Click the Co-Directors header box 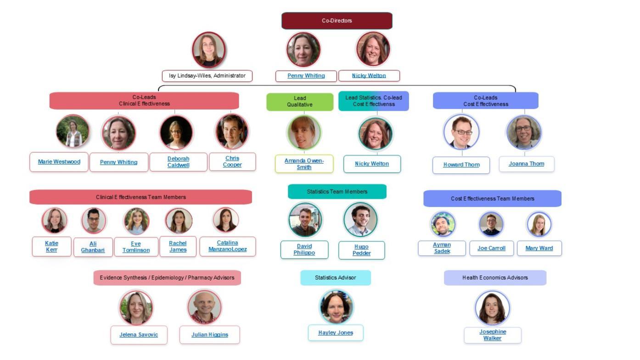click(x=337, y=21)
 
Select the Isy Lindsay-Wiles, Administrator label click(x=207, y=76)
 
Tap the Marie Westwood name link click(x=59, y=162)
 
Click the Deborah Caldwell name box click(x=178, y=162)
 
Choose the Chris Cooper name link click(x=232, y=162)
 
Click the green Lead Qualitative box click(x=300, y=101)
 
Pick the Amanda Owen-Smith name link click(x=304, y=164)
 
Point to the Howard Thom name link click(x=461, y=165)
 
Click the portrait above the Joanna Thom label click(x=524, y=132)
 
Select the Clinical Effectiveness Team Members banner click(x=140, y=197)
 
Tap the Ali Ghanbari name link click(x=93, y=247)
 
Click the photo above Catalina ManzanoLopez click(x=225, y=220)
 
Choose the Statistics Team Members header click(x=337, y=191)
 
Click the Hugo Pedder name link click(x=361, y=250)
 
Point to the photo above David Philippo click(x=305, y=220)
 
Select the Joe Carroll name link click(x=491, y=248)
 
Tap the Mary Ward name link click(x=539, y=248)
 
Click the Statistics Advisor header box click(x=335, y=278)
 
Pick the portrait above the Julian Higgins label click(x=204, y=307)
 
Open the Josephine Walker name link click(x=493, y=335)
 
